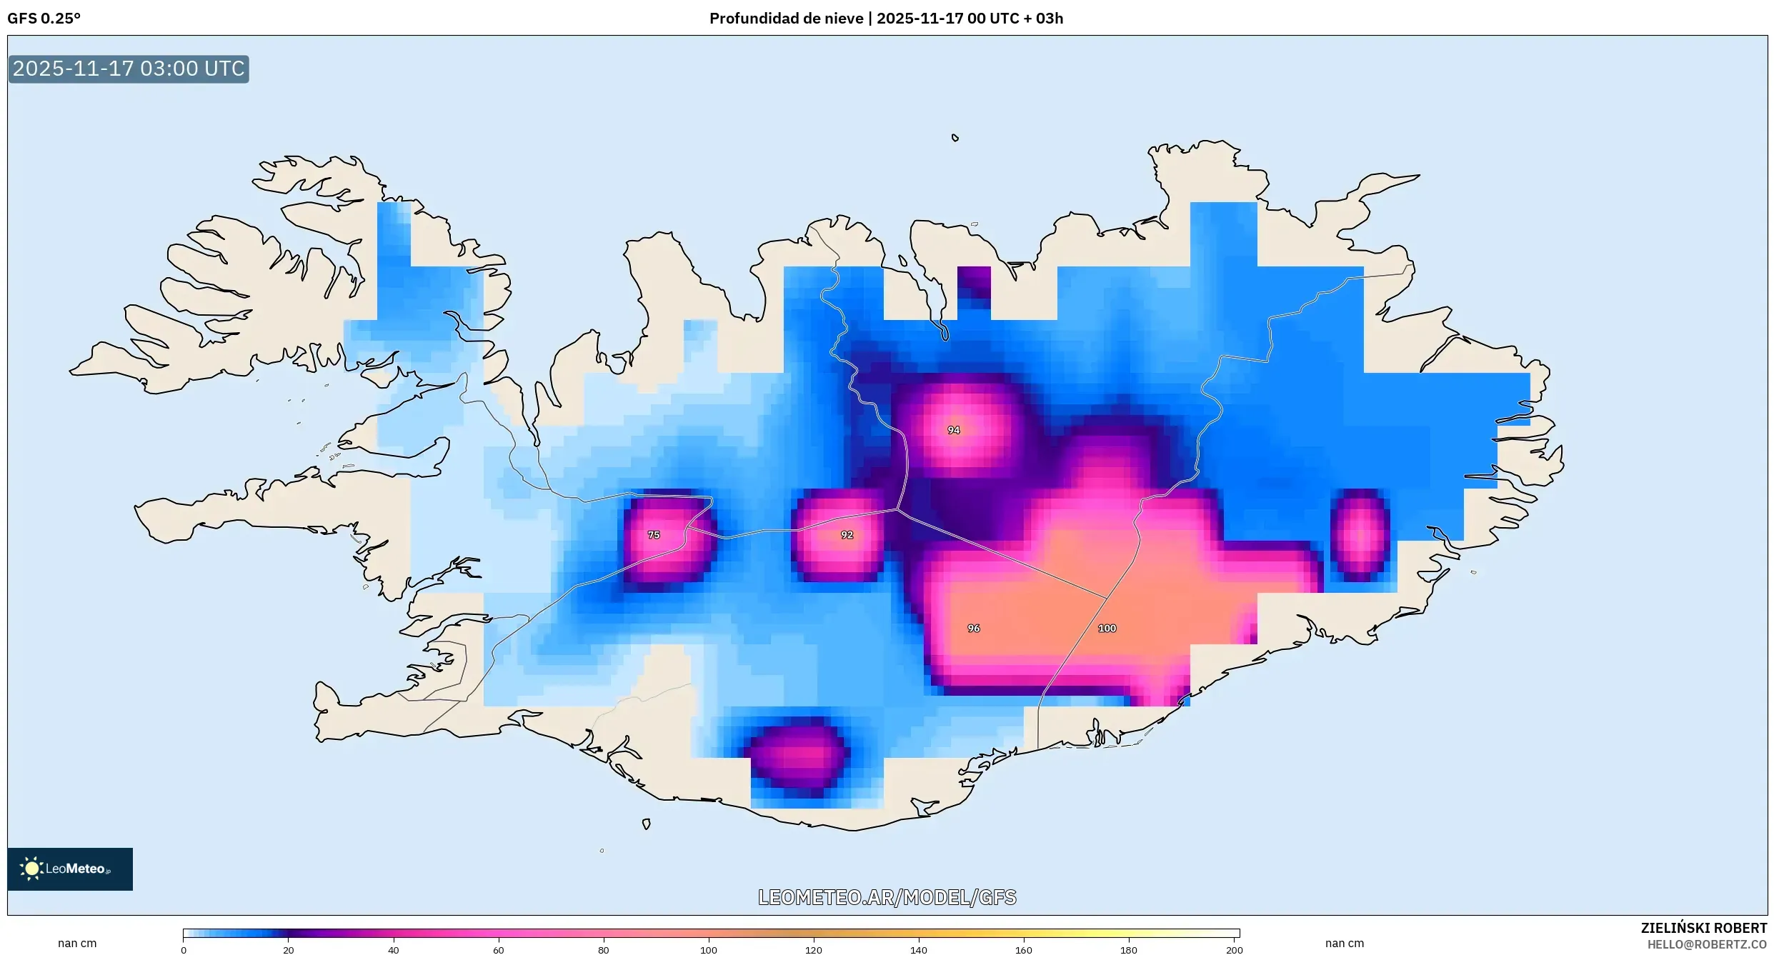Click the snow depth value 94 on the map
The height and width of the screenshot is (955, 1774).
click(x=953, y=430)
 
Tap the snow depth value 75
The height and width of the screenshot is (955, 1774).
click(x=654, y=535)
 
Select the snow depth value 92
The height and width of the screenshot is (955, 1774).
click(x=847, y=535)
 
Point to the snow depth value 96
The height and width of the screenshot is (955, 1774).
click(x=973, y=629)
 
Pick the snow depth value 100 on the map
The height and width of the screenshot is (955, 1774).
click(x=1107, y=629)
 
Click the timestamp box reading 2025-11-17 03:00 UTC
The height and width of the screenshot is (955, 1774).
click(x=129, y=69)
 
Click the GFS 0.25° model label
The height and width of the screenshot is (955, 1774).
click(x=44, y=19)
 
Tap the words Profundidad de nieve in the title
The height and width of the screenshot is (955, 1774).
click(x=786, y=19)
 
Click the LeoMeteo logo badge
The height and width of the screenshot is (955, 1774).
click(x=70, y=869)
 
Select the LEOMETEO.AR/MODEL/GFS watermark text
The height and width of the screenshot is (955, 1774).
click(x=887, y=897)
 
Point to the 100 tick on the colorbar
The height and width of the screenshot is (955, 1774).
click(x=708, y=950)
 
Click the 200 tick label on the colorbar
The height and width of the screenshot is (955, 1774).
click(x=1234, y=950)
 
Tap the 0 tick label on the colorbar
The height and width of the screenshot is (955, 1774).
click(x=184, y=950)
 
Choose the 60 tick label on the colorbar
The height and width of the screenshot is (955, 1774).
click(x=498, y=950)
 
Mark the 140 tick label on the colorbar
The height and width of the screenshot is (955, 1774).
click(x=918, y=950)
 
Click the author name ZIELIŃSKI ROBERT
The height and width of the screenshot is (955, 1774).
click(x=1703, y=928)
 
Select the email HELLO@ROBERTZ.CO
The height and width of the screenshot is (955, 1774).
click(x=1707, y=944)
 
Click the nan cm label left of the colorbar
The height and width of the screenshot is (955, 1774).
click(x=77, y=943)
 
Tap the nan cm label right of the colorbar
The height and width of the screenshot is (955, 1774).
click(x=1344, y=943)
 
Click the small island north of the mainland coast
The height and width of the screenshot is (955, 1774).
click(x=955, y=138)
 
